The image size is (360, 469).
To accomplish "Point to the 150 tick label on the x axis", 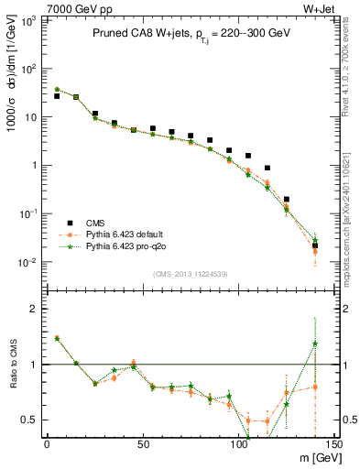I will [333, 443].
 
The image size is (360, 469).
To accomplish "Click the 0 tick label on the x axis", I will [47, 443].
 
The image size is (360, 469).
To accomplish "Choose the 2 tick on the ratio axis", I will [37, 309].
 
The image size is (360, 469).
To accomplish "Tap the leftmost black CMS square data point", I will [57, 96].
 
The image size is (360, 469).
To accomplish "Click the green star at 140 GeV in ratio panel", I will [315, 344].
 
